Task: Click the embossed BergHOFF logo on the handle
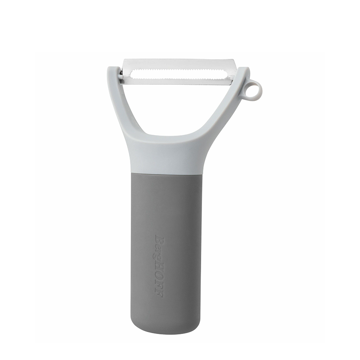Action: [x=159, y=266]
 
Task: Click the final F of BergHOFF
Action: [x=159, y=294]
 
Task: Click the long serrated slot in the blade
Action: [x=179, y=74]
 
